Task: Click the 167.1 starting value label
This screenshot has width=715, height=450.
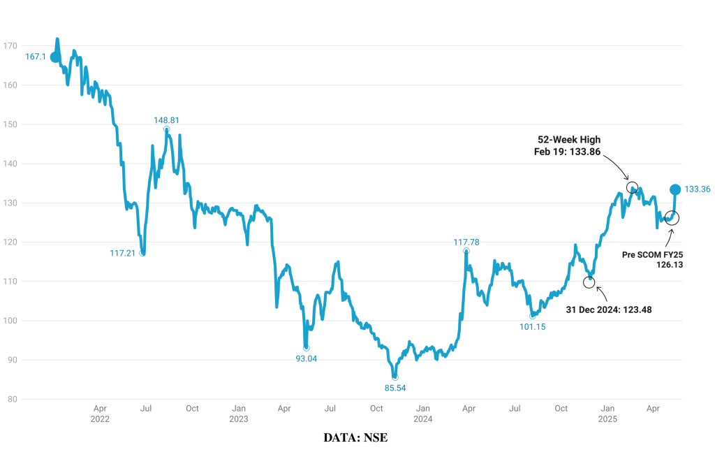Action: coord(35,57)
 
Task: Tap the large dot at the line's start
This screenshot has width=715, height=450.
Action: coord(55,57)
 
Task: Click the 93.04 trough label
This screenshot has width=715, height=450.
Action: coord(306,358)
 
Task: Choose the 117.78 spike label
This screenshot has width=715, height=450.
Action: coord(466,242)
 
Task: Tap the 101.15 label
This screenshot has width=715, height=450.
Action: coord(533,326)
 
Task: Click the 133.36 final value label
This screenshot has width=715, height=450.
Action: coord(698,189)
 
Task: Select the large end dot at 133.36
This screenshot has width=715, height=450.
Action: coord(675,189)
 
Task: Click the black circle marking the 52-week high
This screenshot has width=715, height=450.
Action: coord(632,187)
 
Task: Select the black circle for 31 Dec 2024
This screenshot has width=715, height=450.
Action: coord(589,282)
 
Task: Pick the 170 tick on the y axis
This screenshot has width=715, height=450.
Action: coord(10,46)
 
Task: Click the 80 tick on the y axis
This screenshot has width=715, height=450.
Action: coord(12,400)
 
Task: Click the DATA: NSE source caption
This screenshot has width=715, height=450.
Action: coord(355,437)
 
